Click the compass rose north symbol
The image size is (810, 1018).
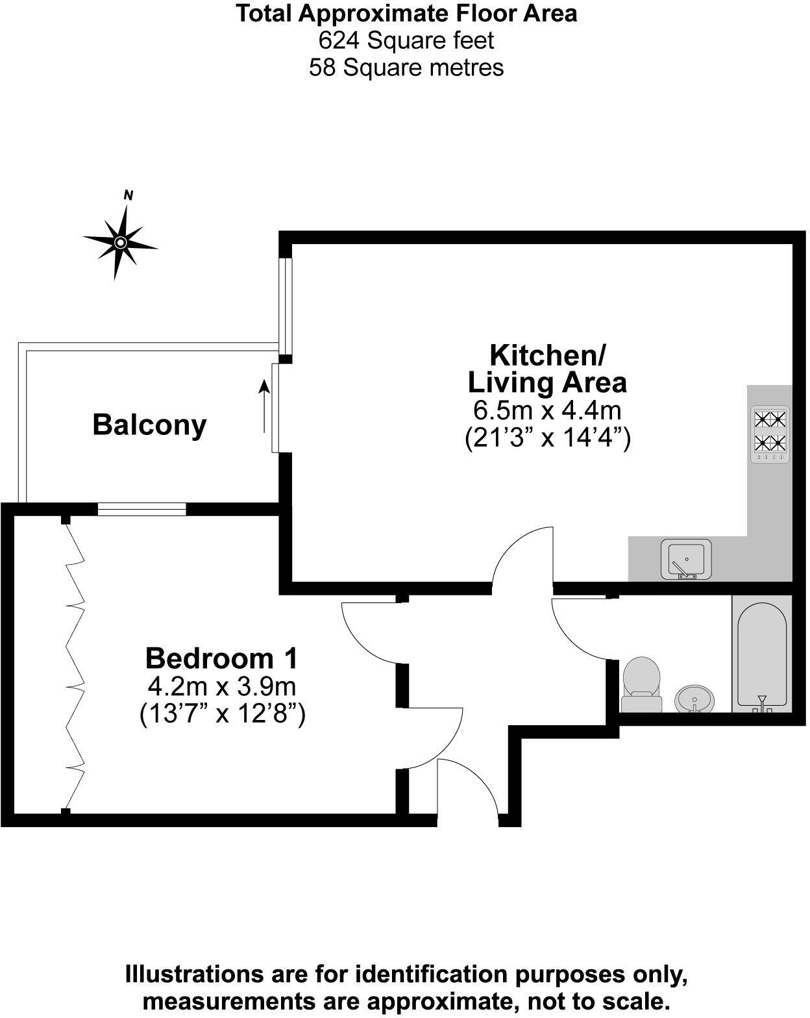click(x=120, y=242)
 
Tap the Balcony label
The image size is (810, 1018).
click(x=149, y=425)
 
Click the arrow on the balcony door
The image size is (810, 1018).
click(x=264, y=406)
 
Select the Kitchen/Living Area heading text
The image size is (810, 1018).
click(x=547, y=369)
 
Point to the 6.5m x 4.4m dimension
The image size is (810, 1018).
click(x=547, y=410)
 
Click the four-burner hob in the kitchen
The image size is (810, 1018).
click(x=770, y=434)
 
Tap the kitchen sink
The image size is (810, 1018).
click(x=686, y=559)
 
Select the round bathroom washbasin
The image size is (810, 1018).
click(x=694, y=699)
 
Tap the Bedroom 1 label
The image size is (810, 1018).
click(x=221, y=658)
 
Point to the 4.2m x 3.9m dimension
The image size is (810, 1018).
click(x=222, y=686)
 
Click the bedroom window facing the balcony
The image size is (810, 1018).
click(x=141, y=510)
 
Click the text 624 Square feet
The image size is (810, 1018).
click(x=406, y=40)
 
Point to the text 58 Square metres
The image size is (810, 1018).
click(x=406, y=68)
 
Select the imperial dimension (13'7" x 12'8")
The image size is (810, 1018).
click(x=222, y=714)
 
